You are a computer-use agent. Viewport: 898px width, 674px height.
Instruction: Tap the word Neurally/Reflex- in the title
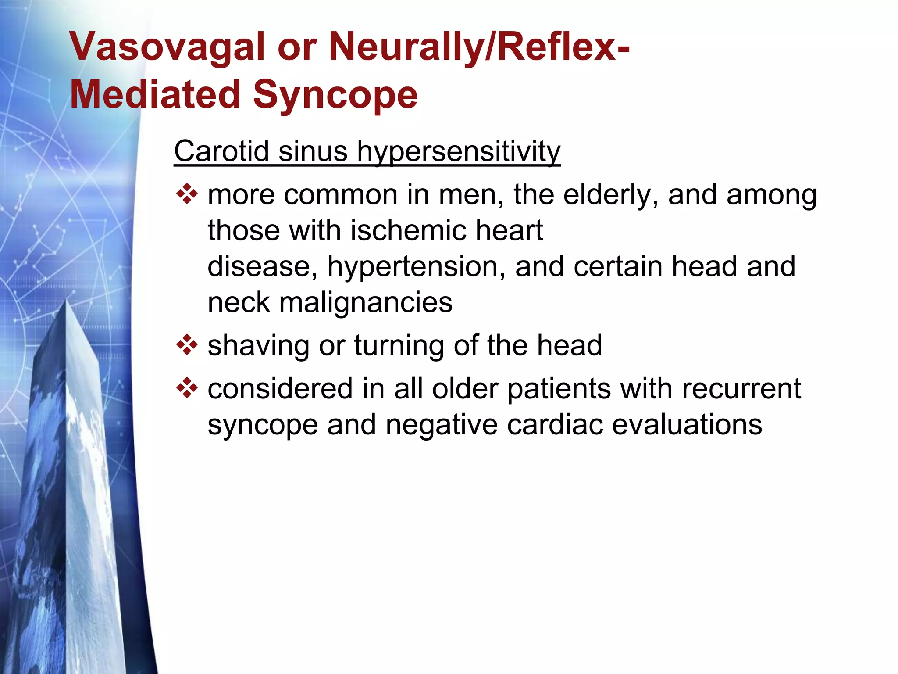point(479,47)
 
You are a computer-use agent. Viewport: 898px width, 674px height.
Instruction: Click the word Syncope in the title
point(335,96)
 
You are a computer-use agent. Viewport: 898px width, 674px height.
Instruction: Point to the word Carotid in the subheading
point(221,151)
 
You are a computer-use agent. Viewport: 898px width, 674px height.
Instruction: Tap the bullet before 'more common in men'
point(187,194)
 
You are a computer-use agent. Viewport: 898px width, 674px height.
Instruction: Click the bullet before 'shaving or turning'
point(187,345)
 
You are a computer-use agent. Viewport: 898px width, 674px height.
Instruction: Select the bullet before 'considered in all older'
point(187,388)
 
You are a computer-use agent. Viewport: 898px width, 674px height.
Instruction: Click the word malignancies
point(365,303)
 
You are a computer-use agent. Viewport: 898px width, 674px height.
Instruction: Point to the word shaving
point(258,346)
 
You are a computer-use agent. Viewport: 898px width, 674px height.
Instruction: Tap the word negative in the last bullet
point(442,425)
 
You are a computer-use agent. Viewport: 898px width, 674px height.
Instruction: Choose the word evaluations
point(687,425)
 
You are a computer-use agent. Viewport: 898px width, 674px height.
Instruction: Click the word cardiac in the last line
point(555,425)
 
